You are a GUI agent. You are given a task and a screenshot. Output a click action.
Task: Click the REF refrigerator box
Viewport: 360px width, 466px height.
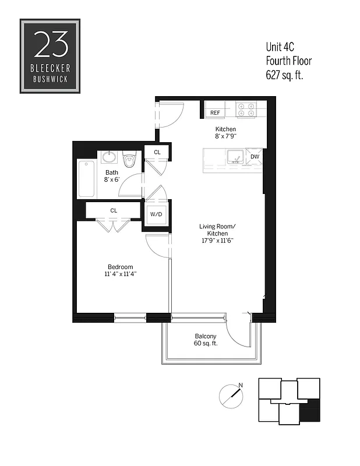point(215,112)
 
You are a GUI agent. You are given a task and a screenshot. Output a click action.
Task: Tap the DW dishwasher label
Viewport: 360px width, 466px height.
point(255,157)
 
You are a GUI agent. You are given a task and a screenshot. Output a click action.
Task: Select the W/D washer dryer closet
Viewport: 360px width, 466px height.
point(156,214)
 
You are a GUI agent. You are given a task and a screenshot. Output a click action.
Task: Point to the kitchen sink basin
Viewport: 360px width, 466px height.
point(236,157)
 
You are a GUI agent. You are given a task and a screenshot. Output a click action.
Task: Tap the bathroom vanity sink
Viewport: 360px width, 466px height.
point(109,157)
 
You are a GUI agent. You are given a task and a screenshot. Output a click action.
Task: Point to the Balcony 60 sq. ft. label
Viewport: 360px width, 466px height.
point(205,340)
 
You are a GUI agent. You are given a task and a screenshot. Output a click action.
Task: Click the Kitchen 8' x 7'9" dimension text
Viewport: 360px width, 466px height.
point(225,132)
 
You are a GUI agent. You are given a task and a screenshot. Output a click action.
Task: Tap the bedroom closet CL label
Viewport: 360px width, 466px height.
point(114,210)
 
